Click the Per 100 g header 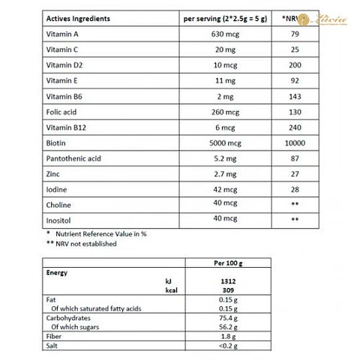point(230,263)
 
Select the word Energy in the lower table point(58,273)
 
